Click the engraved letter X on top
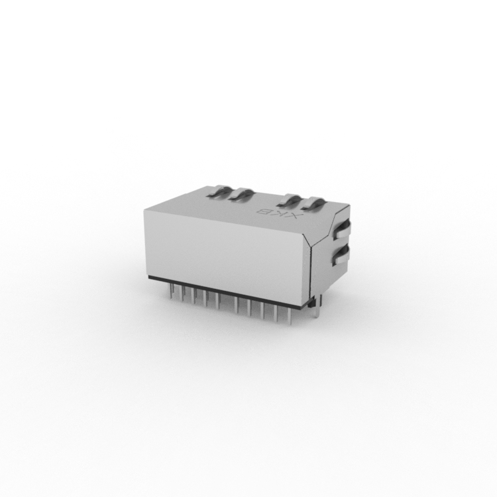click(294, 217)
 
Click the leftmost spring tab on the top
click(220, 192)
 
